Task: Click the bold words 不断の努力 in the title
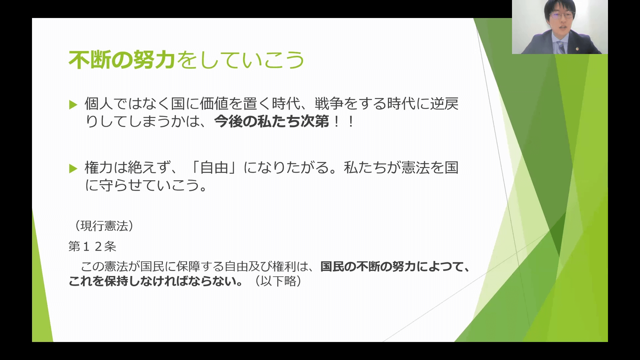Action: coord(122,60)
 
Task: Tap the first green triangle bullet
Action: coord(73,105)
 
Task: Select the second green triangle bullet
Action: coord(73,169)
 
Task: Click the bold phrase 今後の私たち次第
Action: coord(272,121)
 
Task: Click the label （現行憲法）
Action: coord(104,226)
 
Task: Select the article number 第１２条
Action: coord(92,246)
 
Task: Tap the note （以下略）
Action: coord(278,281)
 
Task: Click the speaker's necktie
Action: coord(561,47)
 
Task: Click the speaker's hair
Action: coord(560,6)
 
